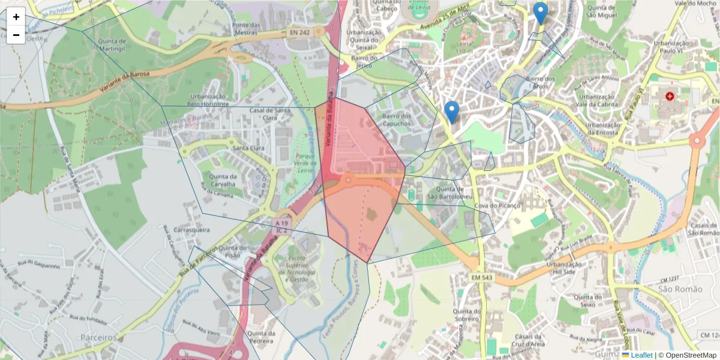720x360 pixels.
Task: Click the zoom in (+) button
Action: point(16,17)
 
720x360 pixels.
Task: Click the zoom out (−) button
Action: point(16,35)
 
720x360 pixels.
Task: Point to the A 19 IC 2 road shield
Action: point(281,226)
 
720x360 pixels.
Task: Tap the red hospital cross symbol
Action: point(670,96)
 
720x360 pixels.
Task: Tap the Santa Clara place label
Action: point(248,148)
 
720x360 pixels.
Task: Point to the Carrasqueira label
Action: point(191,230)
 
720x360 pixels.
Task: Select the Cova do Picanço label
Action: point(497,206)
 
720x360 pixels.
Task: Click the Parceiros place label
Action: point(98,338)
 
